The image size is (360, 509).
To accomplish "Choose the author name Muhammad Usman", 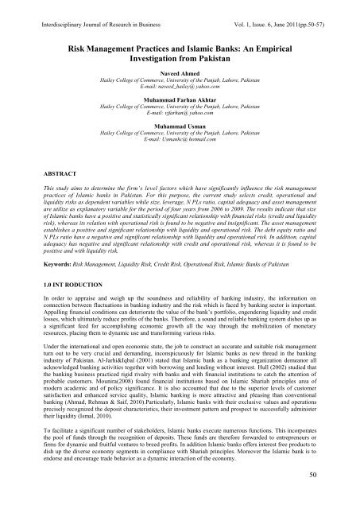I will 180,148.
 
